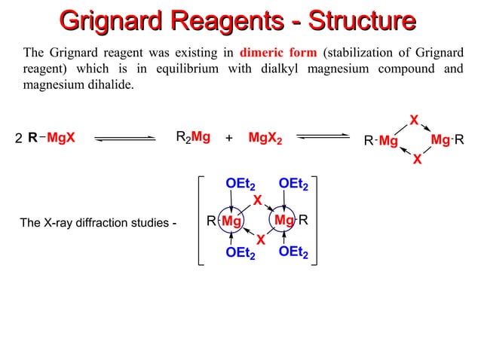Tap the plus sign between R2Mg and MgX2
[x=229, y=138]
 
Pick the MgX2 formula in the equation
[x=265, y=138]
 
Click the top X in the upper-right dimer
[x=413, y=120]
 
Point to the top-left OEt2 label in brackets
[x=240, y=184]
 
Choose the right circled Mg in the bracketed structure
[x=284, y=221]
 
